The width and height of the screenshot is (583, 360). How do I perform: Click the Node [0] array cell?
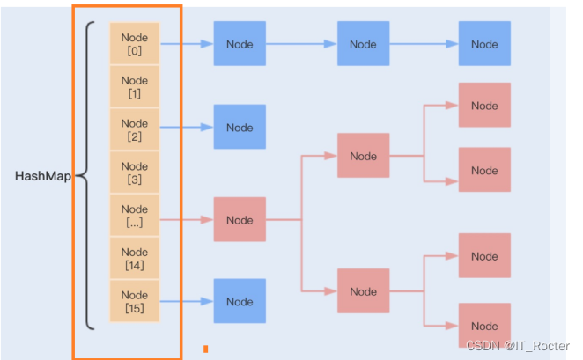coord(135,43)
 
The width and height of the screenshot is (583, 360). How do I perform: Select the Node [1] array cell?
coord(135,86)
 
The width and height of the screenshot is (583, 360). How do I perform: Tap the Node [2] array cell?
coord(135,129)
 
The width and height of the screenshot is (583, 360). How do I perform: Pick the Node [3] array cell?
coord(135,173)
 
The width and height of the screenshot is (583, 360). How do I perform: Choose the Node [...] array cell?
coord(135,215)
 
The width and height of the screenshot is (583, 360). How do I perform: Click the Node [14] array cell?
coord(135,258)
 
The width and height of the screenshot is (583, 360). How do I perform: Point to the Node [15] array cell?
coord(135,301)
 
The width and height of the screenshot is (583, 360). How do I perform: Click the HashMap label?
coord(43,176)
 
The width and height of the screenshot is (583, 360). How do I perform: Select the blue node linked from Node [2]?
coord(240,127)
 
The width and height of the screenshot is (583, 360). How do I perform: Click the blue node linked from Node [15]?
coord(240,301)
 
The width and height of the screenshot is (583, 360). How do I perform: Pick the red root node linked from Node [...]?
coord(240,219)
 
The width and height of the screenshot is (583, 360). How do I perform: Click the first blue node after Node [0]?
coord(240,43)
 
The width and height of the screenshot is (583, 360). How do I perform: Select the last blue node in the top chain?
coord(484,43)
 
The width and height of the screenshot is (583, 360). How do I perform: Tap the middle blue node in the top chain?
coord(363,43)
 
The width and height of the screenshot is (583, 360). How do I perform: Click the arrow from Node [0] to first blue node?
coord(187,44)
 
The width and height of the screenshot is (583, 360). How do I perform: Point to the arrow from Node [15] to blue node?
coord(187,301)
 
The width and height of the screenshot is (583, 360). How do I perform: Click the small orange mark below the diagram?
coord(205,349)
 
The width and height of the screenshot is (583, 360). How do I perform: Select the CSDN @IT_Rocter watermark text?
coord(518,346)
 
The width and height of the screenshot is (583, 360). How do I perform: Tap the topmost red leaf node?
coord(484,105)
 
